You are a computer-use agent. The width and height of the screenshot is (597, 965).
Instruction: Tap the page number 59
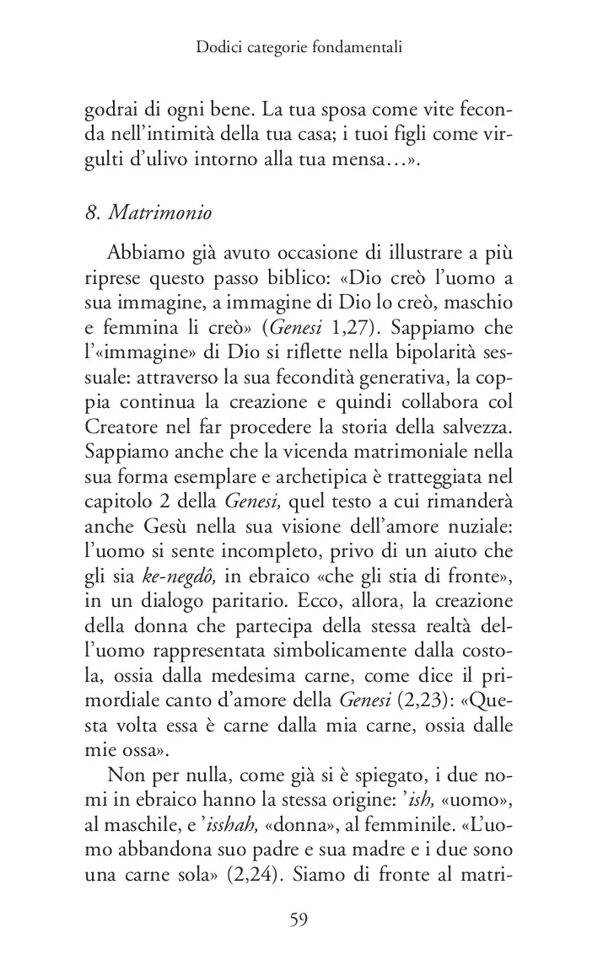298,919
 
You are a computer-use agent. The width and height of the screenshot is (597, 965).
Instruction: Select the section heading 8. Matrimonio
148,212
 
